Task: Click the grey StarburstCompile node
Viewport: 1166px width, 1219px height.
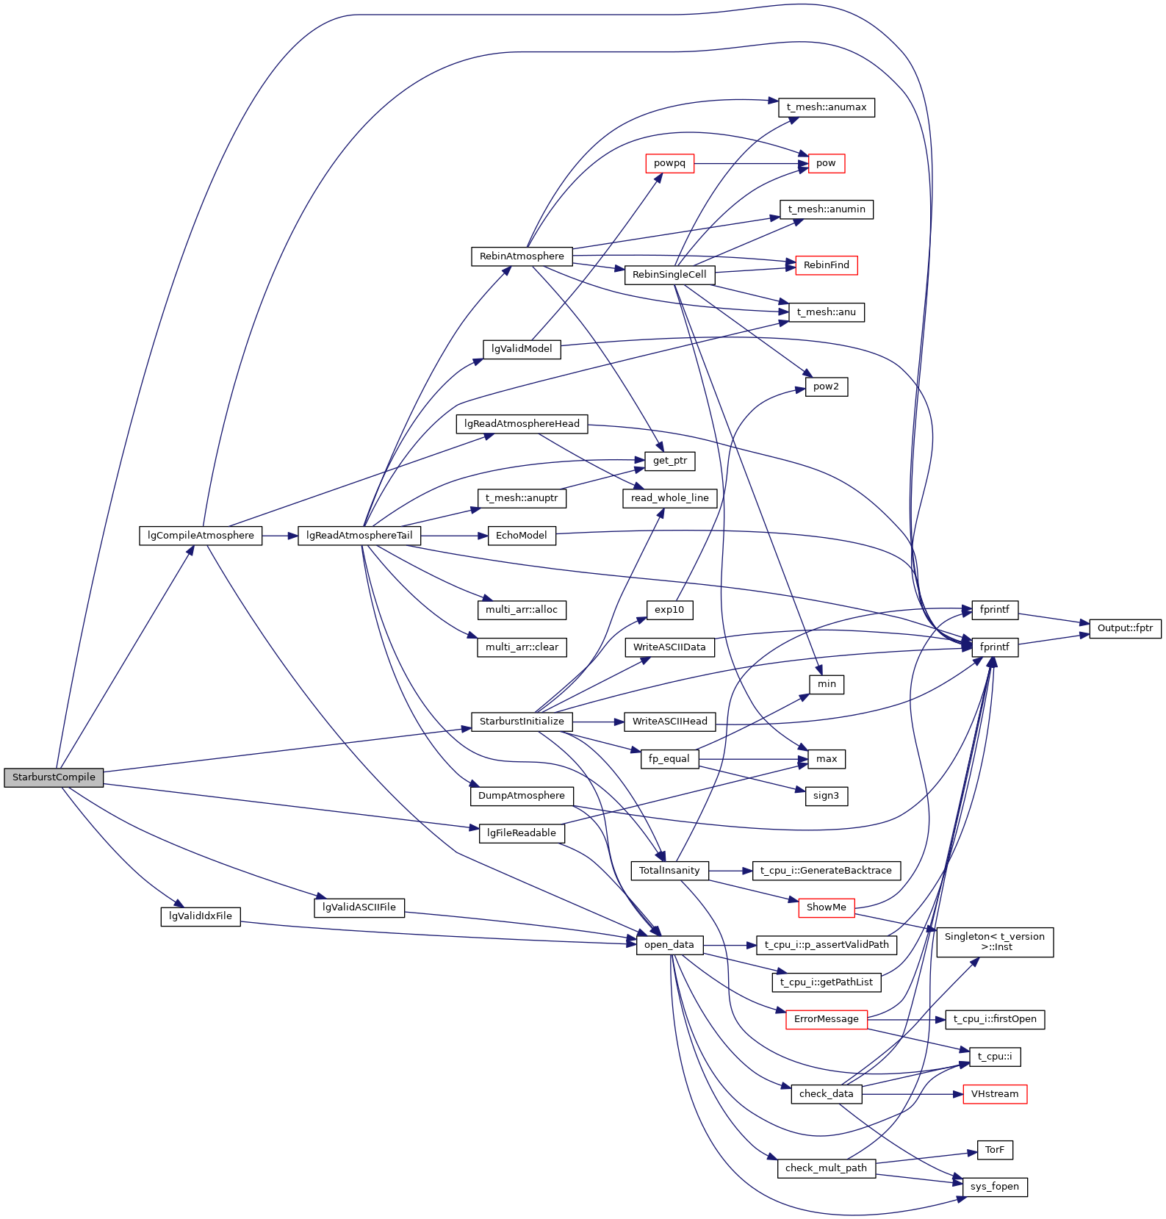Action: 54,777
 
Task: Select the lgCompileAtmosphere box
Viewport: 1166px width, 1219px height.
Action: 201,536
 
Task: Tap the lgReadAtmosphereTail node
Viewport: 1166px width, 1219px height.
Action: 359,536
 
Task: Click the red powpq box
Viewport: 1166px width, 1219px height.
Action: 669,163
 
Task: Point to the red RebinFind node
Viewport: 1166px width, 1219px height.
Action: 826,265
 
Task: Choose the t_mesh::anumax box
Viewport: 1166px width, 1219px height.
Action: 826,107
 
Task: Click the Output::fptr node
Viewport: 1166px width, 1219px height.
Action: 1125,628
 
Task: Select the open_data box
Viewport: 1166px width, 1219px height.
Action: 669,945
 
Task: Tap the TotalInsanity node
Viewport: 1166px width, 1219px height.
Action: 669,871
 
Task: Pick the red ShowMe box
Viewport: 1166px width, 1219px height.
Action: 826,907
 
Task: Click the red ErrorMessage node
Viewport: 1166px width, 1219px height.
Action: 826,1019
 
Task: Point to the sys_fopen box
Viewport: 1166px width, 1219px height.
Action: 995,1187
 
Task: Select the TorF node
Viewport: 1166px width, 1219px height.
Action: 995,1150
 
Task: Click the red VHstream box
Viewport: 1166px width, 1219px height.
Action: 995,1094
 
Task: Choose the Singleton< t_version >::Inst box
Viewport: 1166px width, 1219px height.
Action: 995,942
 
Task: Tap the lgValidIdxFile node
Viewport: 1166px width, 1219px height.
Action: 201,916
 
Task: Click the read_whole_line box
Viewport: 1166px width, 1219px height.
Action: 669,498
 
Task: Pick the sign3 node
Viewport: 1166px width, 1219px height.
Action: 826,796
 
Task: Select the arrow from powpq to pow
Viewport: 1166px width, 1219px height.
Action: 749,163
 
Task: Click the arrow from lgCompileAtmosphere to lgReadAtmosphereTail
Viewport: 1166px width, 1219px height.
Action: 279,536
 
